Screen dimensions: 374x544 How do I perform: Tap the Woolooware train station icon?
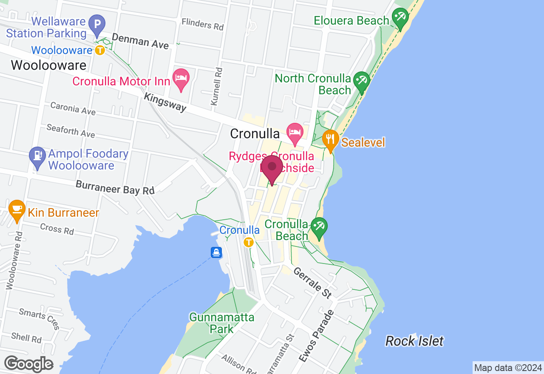(x=99, y=51)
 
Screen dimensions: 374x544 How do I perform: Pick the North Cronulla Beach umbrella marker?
(x=362, y=81)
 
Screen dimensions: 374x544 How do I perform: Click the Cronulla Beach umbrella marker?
(x=318, y=227)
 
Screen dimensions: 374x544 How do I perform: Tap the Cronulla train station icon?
(x=249, y=243)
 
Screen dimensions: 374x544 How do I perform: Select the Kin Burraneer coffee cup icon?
(x=17, y=210)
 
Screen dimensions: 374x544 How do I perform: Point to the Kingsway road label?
(x=165, y=102)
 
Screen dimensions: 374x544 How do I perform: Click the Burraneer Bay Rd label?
(x=115, y=187)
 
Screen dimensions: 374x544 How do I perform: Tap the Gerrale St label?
(x=312, y=283)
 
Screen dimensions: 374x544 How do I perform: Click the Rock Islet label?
(x=414, y=341)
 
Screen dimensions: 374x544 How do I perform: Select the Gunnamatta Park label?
(x=222, y=323)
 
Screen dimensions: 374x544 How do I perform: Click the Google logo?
(x=29, y=364)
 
